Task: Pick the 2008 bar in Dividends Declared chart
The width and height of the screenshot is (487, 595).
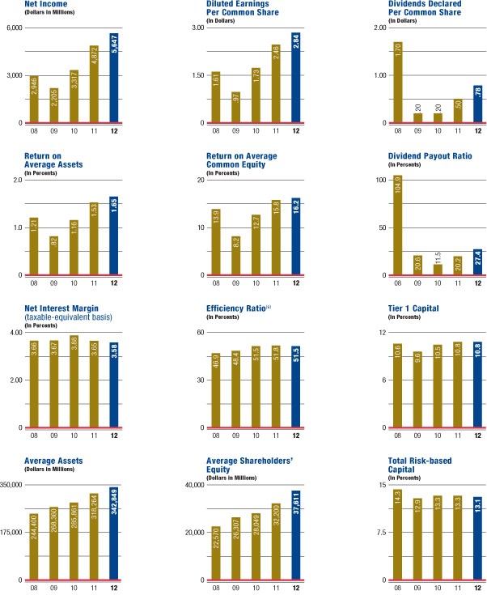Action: [x=397, y=82]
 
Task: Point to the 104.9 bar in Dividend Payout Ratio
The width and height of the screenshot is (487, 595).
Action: [x=397, y=226]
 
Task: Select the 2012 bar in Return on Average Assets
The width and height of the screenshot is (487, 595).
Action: [x=114, y=236]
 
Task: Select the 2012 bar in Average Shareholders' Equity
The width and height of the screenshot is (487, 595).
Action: [x=296, y=535]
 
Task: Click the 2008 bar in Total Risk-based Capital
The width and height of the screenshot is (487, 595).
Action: [x=397, y=535]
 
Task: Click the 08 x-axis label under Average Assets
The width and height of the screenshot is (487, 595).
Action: [x=33, y=587]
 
